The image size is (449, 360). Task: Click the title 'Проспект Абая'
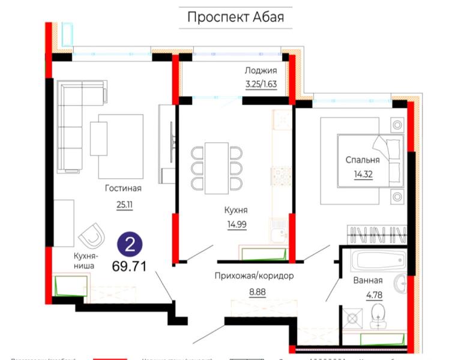(x=235, y=17)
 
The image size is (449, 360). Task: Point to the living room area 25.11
(x=125, y=205)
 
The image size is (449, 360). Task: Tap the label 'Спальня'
(x=363, y=160)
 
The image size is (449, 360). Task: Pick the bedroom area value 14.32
(x=363, y=175)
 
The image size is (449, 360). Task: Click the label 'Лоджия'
(x=260, y=70)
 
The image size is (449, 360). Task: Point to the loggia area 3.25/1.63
(x=260, y=84)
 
